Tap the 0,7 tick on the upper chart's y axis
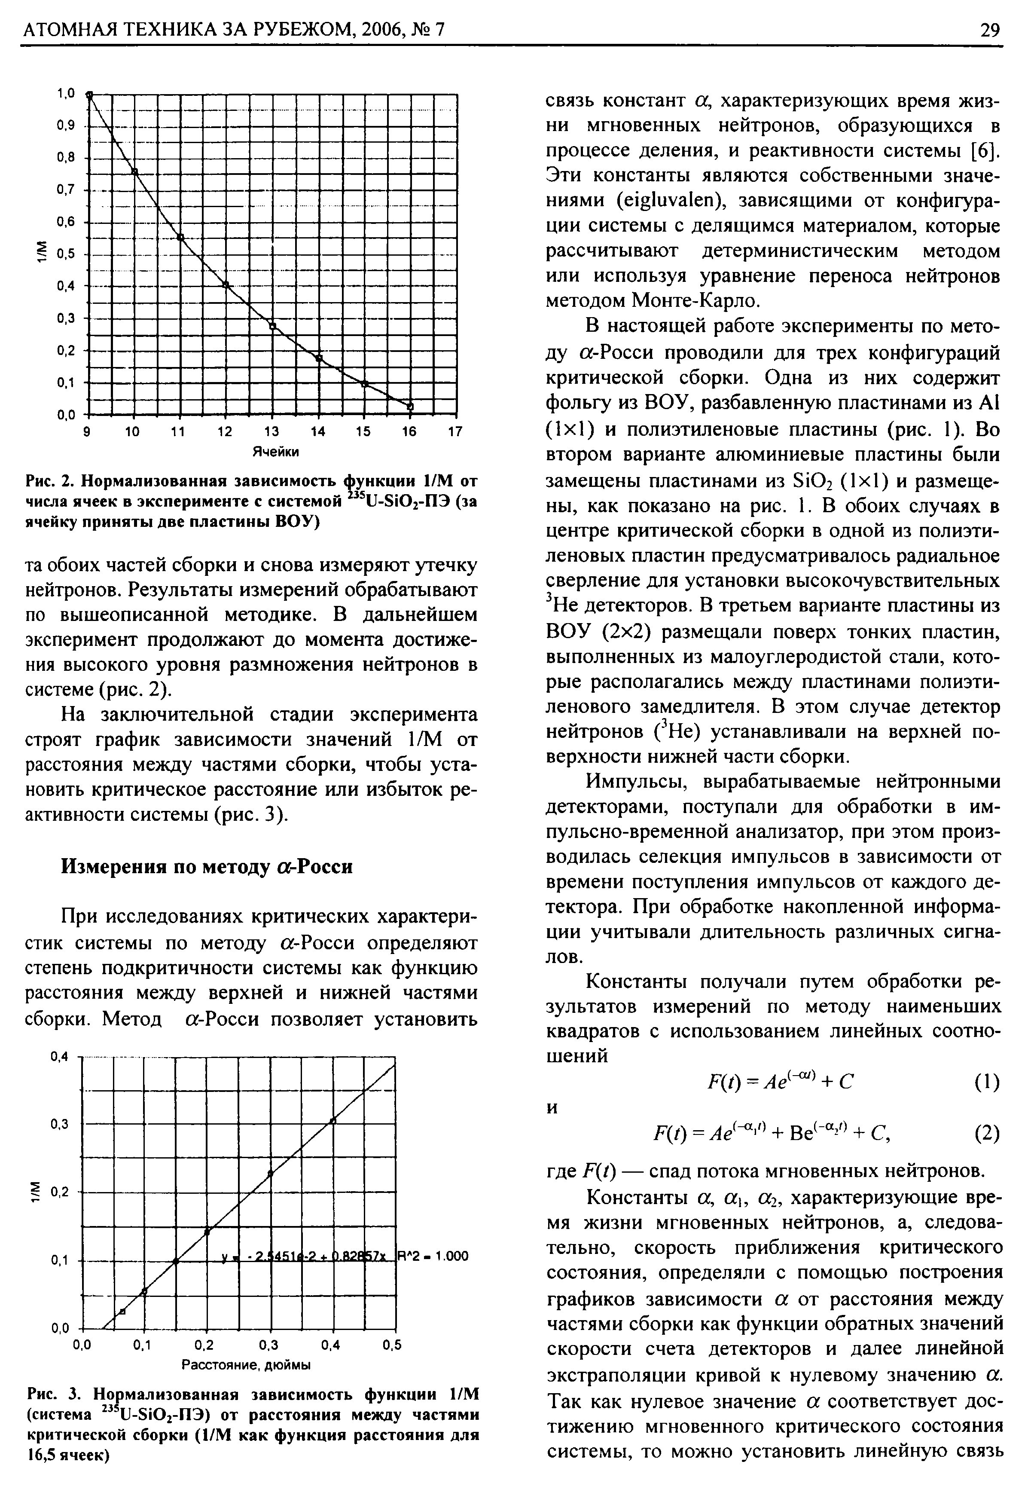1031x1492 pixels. click(x=67, y=190)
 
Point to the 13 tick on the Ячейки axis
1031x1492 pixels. click(x=272, y=431)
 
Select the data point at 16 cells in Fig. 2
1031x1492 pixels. click(x=409, y=406)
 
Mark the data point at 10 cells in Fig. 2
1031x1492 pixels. click(x=135, y=171)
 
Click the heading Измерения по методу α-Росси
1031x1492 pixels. click(x=207, y=866)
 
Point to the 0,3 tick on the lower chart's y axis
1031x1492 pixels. click(x=59, y=1125)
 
